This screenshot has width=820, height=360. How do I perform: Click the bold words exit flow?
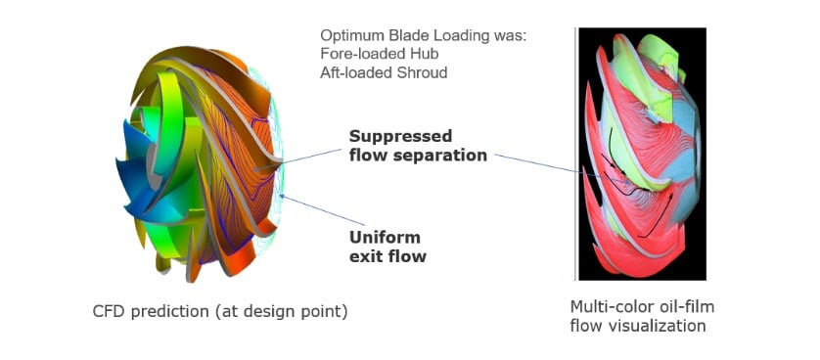pos(388,258)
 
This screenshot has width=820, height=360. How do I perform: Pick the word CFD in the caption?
pos(106,312)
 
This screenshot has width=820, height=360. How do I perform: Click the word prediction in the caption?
pos(164,312)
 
